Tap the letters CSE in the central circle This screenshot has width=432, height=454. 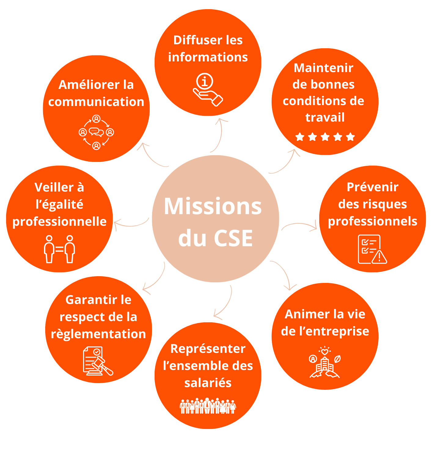click(233, 238)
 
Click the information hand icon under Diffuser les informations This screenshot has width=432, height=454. click(208, 90)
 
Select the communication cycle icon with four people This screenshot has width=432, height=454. click(96, 132)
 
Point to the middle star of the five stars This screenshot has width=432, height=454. click(325, 137)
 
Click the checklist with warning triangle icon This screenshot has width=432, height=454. click(372, 249)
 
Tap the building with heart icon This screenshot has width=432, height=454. click(324, 362)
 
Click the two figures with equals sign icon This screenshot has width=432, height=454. click(59, 249)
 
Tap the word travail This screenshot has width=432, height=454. click(325, 117)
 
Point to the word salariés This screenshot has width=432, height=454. click(208, 383)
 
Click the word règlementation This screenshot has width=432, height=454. click(98, 334)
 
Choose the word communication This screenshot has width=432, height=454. click(96, 102)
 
